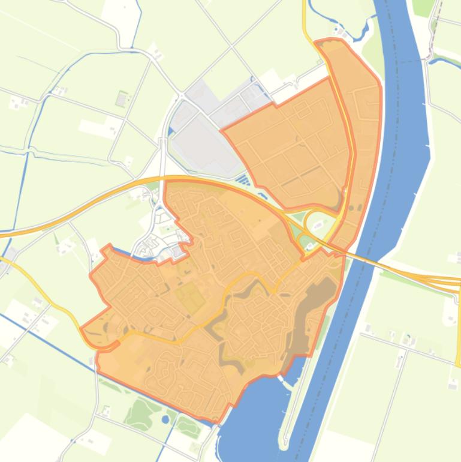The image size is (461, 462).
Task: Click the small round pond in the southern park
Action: [165, 419]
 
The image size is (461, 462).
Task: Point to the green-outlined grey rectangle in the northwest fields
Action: [122, 98]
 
